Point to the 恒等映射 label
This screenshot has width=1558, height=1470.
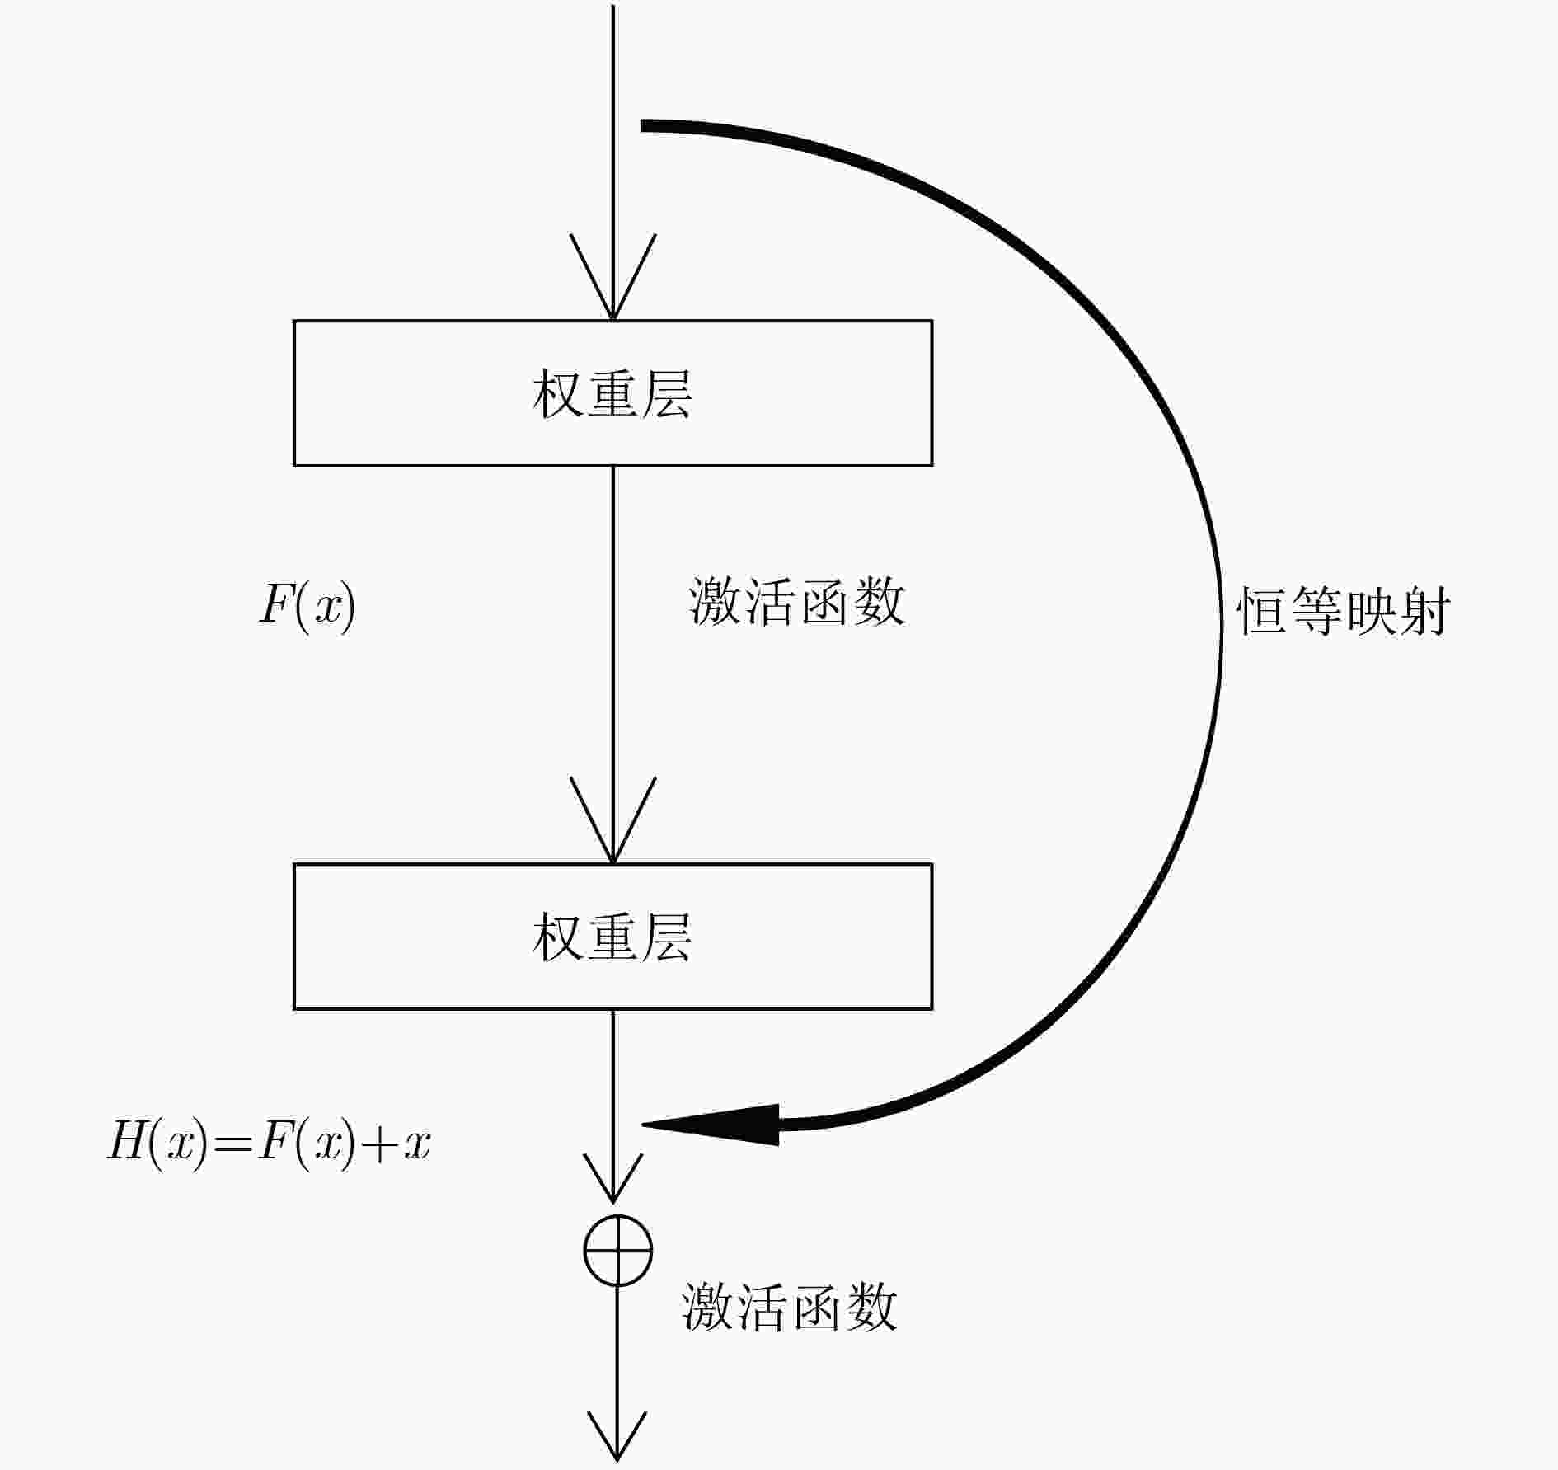(x=1344, y=612)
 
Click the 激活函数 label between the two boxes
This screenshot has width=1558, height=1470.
(x=797, y=602)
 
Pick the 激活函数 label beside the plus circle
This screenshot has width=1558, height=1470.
(x=789, y=1308)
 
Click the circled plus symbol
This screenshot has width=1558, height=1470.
(x=617, y=1250)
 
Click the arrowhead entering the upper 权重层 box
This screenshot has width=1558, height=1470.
(x=612, y=277)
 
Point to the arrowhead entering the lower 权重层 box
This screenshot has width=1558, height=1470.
(x=612, y=820)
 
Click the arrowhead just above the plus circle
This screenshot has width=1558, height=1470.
(x=612, y=1177)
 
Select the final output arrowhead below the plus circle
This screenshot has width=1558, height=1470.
(x=617, y=1437)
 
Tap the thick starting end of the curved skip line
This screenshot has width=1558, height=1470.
(x=644, y=125)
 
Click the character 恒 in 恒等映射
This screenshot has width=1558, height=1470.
(x=1263, y=612)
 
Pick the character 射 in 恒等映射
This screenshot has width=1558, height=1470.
(x=1424, y=612)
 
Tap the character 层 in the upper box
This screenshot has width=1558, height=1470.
(x=666, y=393)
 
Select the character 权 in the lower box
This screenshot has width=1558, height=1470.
(x=558, y=937)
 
